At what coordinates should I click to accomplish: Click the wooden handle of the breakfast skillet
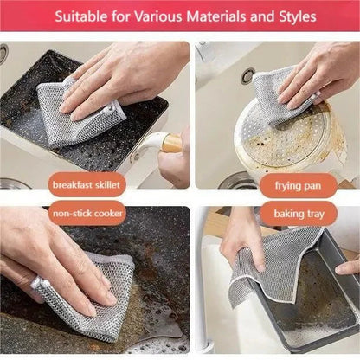pos(172,143)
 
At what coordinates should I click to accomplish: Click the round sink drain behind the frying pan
pos(248,75)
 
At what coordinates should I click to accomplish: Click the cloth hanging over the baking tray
pos(277,268)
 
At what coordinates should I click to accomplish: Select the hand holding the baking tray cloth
pos(238,242)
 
